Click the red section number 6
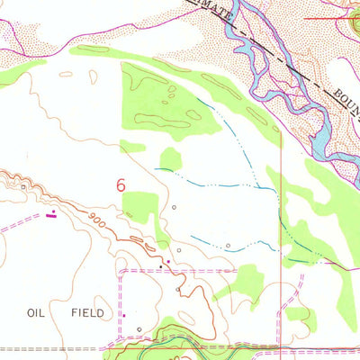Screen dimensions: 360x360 coord(121,184)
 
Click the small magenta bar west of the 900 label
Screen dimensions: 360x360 coord(52,213)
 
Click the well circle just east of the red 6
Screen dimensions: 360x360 coord(174,207)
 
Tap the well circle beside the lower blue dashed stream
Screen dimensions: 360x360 coord(227,245)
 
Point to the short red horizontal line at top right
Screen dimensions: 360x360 coord(324,17)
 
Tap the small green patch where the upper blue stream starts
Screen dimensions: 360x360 coord(170,160)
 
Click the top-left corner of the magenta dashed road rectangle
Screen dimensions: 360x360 coord(120,270)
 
